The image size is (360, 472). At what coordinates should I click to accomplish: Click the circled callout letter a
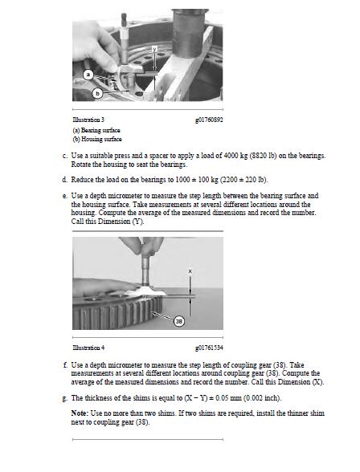click(88, 74)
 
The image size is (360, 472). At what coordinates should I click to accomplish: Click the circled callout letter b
click(97, 94)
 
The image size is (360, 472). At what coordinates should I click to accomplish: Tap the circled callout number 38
click(179, 321)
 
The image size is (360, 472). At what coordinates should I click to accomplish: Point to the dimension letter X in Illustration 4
click(190, 271)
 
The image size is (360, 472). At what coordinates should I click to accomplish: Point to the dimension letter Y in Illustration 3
click(154, 49)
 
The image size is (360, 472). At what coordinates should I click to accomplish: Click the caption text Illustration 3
click(88, 120)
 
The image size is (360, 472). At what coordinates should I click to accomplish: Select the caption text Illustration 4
click(88, 348)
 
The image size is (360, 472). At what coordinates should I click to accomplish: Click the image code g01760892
click(209, 120)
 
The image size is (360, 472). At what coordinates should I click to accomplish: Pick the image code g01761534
click(209, 348)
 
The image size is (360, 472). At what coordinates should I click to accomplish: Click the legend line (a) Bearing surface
click(96, 130)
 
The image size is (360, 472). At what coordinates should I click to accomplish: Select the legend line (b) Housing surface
click(97, 139)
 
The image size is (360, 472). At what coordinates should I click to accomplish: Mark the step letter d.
click(64, 180)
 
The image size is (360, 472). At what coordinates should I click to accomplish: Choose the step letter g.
click(64, 398)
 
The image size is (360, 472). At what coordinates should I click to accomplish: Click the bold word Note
click(80, 413)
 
